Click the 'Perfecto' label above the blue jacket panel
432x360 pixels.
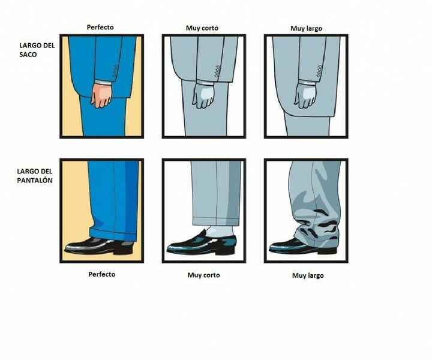click(x=100, y=27)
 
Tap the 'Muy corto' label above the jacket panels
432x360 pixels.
click(x=202, y=28)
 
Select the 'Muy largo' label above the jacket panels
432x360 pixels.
click(x=306, y=29)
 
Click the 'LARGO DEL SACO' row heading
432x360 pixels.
click(x=37, y=50)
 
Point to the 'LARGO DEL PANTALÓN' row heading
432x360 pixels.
click(x=35, y=176)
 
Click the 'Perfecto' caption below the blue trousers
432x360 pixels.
click(x=101, y=274)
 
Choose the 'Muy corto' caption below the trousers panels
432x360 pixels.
click(x=203, y=275)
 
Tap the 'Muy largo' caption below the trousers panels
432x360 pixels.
click(x=308, y=276)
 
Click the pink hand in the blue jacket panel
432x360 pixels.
click(x=101, y=95)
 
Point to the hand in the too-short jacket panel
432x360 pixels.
click(x=203, y=95)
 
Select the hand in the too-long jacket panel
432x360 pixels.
click(x=305, y=95)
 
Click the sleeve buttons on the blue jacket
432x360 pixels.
click(x=115, y=71)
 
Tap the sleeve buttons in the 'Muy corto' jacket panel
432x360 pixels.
click(x=217, y=71)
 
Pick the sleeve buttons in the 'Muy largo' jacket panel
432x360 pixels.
click(x=319, y=71)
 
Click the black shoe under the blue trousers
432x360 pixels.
click(x=99, y=245)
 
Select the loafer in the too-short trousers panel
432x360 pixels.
click(x=201, y=243)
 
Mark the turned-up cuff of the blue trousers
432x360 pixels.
click(x=113, y=234)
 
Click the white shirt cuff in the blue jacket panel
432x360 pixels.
click(x=103, y=82)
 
